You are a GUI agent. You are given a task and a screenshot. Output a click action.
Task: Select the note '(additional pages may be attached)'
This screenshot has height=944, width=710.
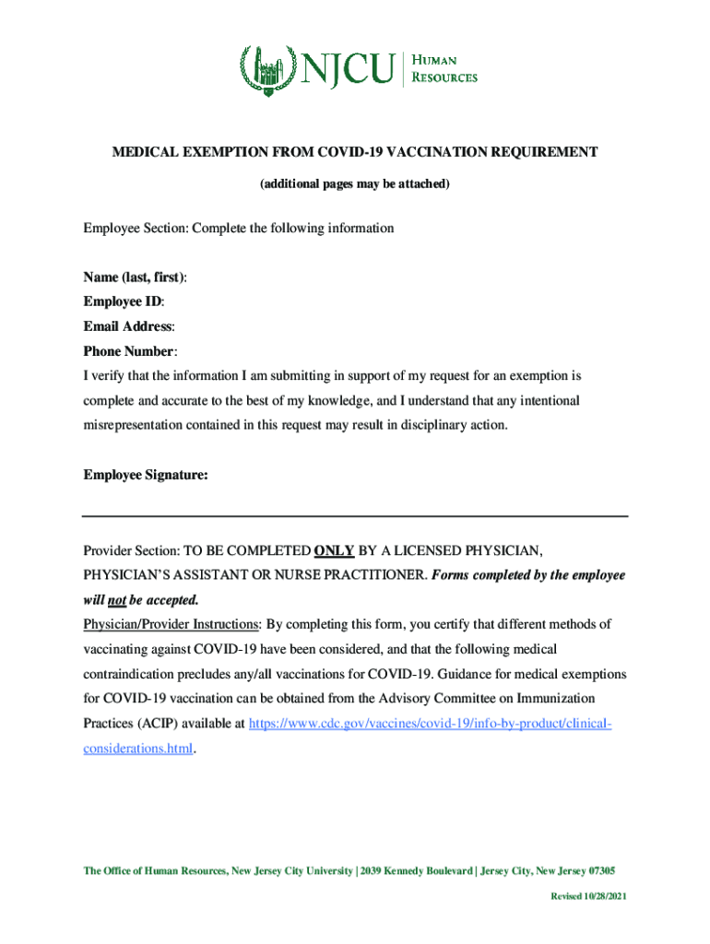pyautogui.click(x=355, y=184)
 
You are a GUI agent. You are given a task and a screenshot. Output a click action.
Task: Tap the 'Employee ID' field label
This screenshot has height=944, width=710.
pyautogui.click(x=124, y=301)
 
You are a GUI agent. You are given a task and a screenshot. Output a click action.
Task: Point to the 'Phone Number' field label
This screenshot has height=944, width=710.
pyautogui.click(x=129, y=351)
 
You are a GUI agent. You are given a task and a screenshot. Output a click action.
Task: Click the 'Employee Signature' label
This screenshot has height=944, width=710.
pyautogui.click(x=145, y=475)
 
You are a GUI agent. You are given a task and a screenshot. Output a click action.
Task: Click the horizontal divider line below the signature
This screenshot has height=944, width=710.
pyautogui.click(x=355, y=515)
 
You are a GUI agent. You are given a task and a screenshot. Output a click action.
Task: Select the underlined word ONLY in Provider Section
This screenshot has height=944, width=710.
pyautogui.click(x=334, y=550)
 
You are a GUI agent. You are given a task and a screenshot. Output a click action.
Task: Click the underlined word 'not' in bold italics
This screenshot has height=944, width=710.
pyautogui.click(x=117, y=600)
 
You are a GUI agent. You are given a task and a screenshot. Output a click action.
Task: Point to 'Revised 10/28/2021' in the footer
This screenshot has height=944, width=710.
pyautogui.click(x=589, y=897)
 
